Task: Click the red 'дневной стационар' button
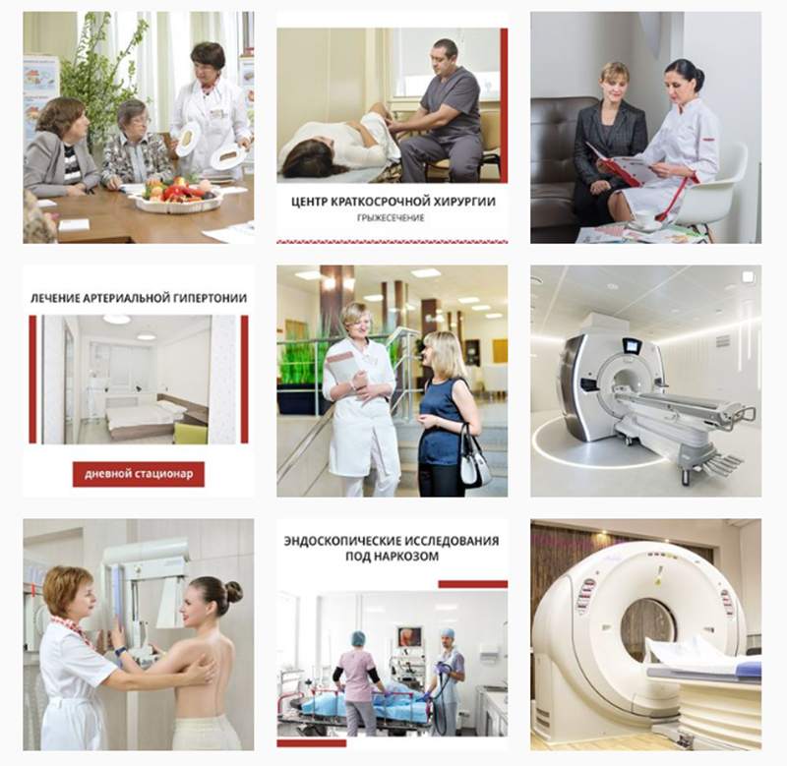coord(139,474)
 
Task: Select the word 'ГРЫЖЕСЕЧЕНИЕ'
coord(391,217)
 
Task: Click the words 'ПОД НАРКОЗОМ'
coord(392,557)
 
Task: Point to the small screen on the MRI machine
coord(631,345)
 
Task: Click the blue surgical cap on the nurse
coord(358,638)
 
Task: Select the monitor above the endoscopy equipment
coord(410,637)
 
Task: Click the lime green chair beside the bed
coord(191,433)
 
